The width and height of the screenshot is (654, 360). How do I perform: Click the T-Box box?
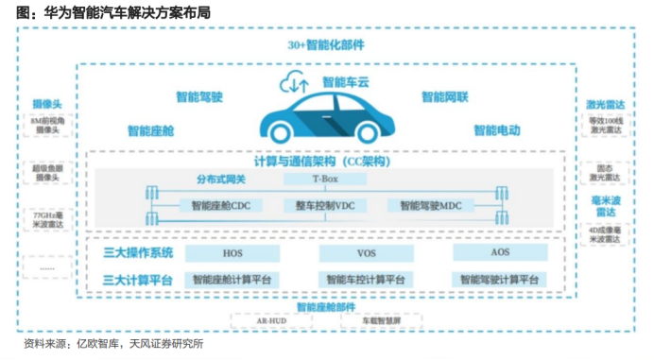coord(324,179)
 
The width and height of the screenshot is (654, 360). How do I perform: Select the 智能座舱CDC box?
coord(220,205)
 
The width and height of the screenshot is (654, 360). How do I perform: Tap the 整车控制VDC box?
coord(324,205)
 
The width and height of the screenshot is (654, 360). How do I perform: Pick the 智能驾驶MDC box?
coord(431,205)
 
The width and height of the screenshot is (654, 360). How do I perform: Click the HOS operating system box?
coord(232,254)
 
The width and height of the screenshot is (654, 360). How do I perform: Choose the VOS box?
coord(366,254)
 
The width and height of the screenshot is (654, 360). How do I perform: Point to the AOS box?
coord(500,253)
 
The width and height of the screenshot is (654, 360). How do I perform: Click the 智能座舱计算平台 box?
coord(232,280)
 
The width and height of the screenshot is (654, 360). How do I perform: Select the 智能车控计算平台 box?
coord(366,280)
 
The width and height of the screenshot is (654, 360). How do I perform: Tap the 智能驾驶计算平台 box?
coord(500,280)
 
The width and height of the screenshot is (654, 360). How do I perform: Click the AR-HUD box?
coord(272,321)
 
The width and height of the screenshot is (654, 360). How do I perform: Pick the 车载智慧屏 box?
coord(384,321)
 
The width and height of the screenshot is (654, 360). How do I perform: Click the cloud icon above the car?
coord(293,84)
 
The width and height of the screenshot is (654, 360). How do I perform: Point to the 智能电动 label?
coord(497,129)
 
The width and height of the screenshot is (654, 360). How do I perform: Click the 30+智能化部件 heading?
coord(326,44)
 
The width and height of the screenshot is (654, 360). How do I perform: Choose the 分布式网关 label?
coord(220,179)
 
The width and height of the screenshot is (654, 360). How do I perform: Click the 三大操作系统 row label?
coord(138,253)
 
